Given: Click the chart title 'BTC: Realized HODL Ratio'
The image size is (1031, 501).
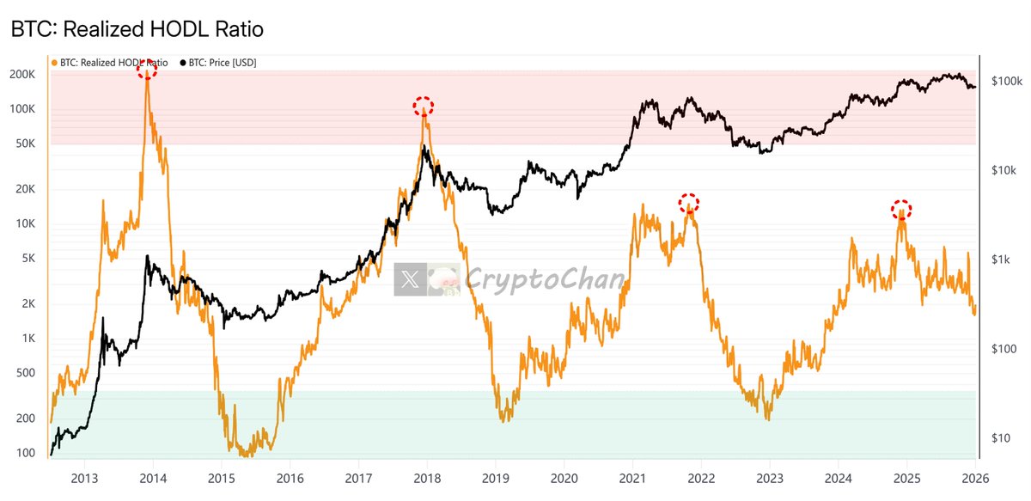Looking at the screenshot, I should tap(137, 29).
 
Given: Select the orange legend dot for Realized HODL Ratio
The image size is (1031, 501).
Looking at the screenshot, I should tap(56, 63).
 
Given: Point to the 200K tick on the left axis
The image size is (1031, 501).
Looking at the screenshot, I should tap(23, 75).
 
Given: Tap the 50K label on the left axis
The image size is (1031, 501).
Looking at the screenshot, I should tap(26, 144).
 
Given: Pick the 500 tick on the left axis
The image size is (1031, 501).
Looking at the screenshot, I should tap(27, 373).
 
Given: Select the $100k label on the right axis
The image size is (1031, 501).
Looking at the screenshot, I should tap(1006, 82).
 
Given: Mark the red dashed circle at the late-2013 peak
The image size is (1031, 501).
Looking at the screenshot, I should tap(147, 70).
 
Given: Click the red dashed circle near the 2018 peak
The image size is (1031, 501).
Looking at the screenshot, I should tap(423, 107).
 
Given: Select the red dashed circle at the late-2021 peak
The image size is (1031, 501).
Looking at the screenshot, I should tap(688, 204).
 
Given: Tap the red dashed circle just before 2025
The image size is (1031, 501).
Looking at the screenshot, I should tap(900, 209).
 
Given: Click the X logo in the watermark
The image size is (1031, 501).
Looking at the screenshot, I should tap(411, 279).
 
